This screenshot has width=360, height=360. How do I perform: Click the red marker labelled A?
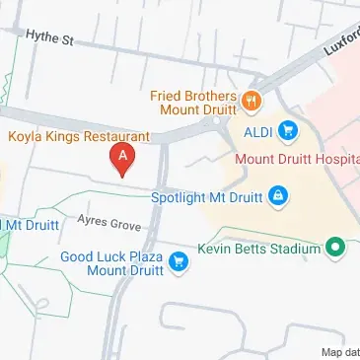[122, 157]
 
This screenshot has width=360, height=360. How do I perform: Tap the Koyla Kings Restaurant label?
[79, 137]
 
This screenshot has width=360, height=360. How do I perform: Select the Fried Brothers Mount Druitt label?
[193, 103]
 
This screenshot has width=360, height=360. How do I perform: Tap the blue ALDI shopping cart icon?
[288, 128]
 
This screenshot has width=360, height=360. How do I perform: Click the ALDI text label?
[256, 129]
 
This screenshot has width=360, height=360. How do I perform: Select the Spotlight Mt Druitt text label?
[206, 197]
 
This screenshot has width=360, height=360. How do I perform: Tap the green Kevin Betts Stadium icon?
[335, 249]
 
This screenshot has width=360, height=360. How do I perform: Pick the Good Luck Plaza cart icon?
[179, 261]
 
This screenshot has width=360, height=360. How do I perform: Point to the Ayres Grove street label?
[109, 225]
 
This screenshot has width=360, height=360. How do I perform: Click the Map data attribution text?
[339, 352]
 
